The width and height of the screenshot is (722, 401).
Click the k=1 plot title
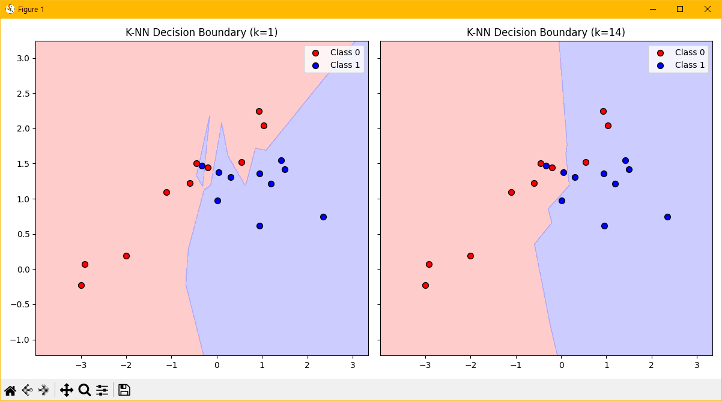(x=201, y=32)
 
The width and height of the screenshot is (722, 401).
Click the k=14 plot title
(x=545, y=32)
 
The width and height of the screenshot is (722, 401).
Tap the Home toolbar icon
(x=10, y=390)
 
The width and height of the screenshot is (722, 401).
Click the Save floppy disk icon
(x=124, y=390)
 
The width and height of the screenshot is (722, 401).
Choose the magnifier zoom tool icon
(x=85, y=390)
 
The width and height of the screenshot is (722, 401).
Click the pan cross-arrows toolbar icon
(x=67, y=390)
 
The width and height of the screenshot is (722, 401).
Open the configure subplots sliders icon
(x=102, y=390)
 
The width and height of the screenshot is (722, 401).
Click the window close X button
(x=708, y=9)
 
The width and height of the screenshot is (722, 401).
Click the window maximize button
(x=680, y=9)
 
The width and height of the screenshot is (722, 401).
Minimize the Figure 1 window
(x=652, y=9)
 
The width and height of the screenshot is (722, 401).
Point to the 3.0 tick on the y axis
(x=23, y=58)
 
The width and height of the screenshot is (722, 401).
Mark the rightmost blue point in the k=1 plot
(x=323, y=217)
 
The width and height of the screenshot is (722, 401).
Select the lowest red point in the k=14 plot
(x=425, y=285)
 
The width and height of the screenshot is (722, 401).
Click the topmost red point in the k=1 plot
(x=259, y=111)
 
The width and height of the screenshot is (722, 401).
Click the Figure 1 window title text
(x=31, y=10)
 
